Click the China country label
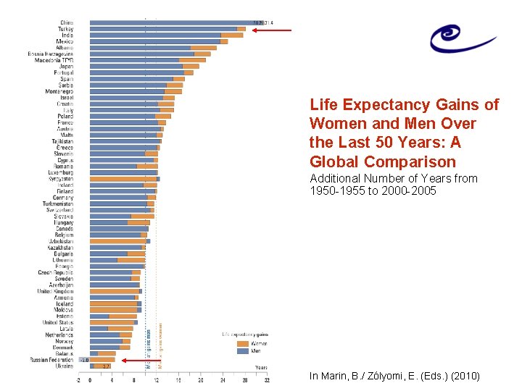[66, 22]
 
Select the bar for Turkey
[167, 29]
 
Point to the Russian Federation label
[51, 360]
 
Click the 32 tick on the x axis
[267, 379]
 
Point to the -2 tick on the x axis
[78, 379]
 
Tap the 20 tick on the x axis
[201, 379]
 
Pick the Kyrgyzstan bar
[123, 179]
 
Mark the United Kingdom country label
[53, 290]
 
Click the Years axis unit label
[260, 367]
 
